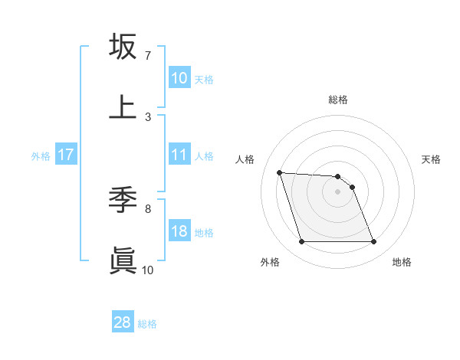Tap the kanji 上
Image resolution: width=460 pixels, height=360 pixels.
[x=123, y=107]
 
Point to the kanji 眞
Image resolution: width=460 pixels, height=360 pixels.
[x=123, y=260]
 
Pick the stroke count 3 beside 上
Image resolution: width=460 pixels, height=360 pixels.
[x=147, y=117]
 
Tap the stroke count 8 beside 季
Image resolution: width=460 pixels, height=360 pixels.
[x=147, y=208]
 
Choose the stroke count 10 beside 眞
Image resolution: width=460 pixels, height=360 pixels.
[x=147, y=270]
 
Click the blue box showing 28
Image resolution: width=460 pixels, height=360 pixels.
[x=123, y=322]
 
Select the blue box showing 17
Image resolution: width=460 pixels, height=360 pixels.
[x=66, y=155]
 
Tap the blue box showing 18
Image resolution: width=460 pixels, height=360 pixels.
[x=179, y=232]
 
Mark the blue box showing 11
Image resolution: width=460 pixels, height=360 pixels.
[x=179, y=155]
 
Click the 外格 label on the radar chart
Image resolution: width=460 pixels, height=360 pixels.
[x=269, y=263]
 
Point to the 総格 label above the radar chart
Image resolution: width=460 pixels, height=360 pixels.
[x=338, y=100]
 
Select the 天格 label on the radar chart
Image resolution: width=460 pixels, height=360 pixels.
[x=432, y=159]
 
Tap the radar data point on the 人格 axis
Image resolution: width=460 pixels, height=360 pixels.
[x=280, y=172]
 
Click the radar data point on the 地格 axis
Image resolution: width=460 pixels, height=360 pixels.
[x=373, y=242]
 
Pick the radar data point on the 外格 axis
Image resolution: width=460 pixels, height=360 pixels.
[x=301, y=242]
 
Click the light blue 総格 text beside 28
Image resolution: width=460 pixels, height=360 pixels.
[x=148, y=324]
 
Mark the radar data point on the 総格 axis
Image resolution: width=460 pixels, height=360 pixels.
[x=337, y=176]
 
